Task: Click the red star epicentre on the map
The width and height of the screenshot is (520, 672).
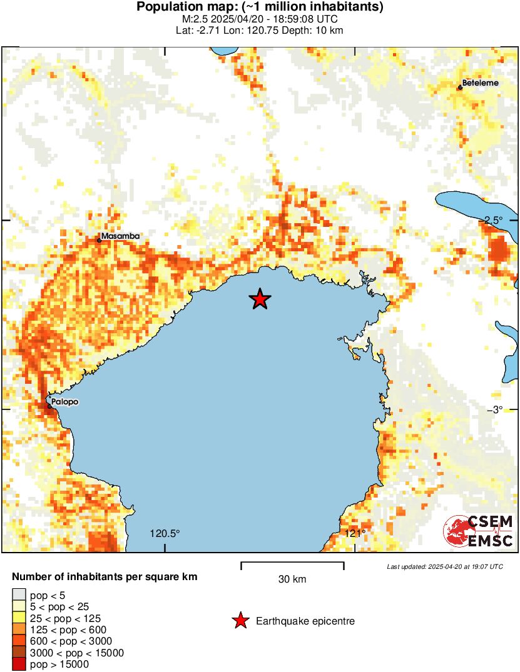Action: (260, 299)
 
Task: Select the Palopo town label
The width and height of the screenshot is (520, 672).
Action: (65, 402)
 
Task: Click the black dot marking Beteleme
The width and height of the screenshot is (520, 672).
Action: (460, 88)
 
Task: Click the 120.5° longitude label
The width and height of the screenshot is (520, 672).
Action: (165, 533)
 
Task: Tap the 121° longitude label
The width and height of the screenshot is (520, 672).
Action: (355, 533)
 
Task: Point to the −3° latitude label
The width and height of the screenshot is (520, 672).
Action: (502, 409)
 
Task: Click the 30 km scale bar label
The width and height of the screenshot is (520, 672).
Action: (292, 579)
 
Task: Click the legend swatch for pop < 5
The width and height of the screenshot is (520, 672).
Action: (19, 594)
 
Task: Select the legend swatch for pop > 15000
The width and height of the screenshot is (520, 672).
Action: (19, 664)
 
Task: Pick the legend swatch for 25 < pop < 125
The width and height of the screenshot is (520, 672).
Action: (19, 618)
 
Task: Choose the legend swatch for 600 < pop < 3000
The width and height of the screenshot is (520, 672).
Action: (19, 641)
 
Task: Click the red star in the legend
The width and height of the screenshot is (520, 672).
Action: (240, 621)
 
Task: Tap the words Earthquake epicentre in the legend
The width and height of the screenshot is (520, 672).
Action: (305, 621)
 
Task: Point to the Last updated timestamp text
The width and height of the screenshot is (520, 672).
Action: (445, 566)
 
